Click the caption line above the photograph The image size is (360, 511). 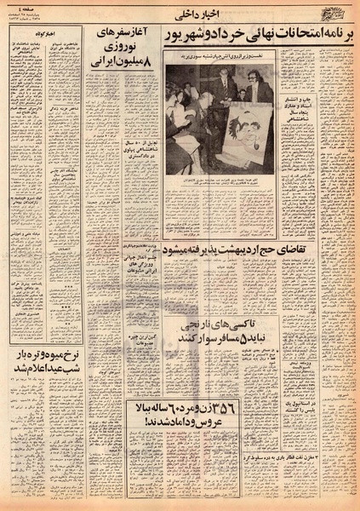(220, 62)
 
